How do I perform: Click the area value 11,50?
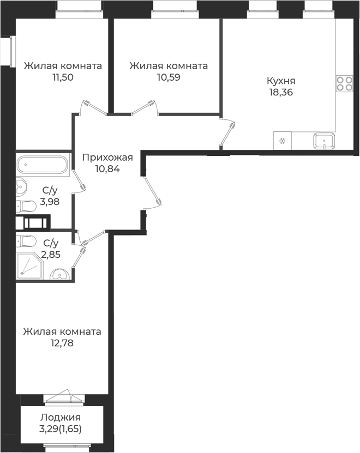(63, 77)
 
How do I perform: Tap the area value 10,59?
(169, 77)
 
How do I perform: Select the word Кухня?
(281, 81)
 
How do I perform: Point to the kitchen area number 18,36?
(281, 93)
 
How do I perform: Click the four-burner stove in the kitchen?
(344, 83)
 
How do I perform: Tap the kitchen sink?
(324, 141)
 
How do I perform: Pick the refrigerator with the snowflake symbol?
(282, 141)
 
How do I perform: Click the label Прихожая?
(107, 158)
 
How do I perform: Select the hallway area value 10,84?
(107, 169)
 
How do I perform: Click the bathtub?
(42, 165)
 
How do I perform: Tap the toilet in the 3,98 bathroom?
(26, 207)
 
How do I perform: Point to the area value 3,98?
(50, 202)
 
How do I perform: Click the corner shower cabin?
(29, 266)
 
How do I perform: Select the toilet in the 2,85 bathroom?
(26, 241)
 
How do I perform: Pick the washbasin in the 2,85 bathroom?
(59, 274)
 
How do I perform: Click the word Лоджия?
(61, 418)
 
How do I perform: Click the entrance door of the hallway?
(152, 192)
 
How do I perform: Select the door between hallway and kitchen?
(227, 133)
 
